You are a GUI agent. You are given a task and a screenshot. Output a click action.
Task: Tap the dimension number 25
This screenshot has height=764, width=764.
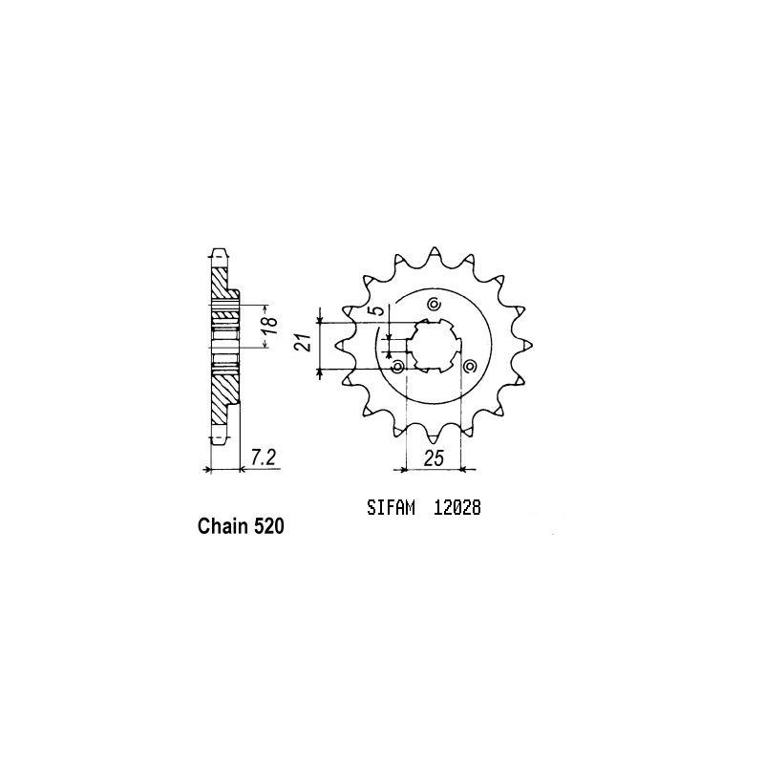(x=435, y=459)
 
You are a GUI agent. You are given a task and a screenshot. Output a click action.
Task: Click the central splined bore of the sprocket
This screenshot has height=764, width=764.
(x=434, y=344)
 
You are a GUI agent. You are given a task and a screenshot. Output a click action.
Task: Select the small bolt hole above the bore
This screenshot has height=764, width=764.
(x=434, y=305)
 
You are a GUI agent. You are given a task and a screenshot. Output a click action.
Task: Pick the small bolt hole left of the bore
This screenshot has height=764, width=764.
(x=398, y=366)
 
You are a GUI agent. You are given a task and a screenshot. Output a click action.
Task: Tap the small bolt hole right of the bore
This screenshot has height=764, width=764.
(x=468, y=365)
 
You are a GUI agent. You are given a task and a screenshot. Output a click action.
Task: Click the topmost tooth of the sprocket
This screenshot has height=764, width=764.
(x=435, y=250)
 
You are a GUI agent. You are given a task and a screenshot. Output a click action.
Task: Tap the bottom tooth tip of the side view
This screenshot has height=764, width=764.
(x=218, y=435)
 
